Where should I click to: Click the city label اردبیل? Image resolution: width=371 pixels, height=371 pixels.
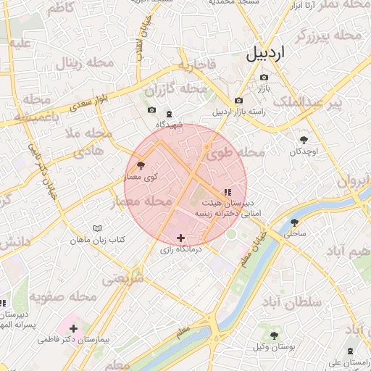click(x=266, y=53)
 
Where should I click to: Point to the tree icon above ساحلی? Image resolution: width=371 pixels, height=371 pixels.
click(x=294, y=222)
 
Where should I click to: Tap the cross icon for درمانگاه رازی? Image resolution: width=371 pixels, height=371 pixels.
click(x=180, y=238)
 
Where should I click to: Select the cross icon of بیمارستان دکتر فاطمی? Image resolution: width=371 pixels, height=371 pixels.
click(x=73, y=328)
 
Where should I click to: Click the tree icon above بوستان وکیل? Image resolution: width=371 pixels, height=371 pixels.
click(x=274, y=335)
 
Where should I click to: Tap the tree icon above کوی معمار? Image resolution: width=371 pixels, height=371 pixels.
click(x=141, y=166)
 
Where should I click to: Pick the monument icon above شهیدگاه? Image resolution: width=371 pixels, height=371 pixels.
click(x=169, y=114)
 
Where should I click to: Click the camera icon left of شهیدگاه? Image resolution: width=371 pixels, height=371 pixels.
click(x=151, y=110)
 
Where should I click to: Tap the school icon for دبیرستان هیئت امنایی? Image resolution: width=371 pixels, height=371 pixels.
click(x=227, y=192)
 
